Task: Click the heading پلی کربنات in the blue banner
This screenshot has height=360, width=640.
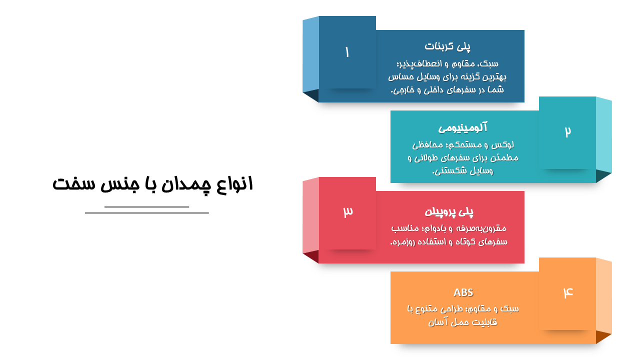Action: [x=447, y=46]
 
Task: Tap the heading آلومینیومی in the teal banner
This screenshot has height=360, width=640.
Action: [x=463, y=127]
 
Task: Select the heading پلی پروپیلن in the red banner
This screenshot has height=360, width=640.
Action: [x=449, y=211]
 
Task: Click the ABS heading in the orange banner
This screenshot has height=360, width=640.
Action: [x=463, y=292]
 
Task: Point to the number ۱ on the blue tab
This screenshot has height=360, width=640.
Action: [x=347, y=52]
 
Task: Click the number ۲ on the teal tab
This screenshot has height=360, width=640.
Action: [x=567, y=131]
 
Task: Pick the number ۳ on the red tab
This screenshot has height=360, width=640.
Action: [x=348, y=211]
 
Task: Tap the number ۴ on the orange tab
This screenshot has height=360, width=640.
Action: [x=568, y=292]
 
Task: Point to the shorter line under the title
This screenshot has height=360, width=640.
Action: [x=146, y=206]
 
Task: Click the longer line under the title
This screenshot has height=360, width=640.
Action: [x=147, y=213]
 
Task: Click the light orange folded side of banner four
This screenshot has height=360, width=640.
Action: [x=603, y=296]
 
